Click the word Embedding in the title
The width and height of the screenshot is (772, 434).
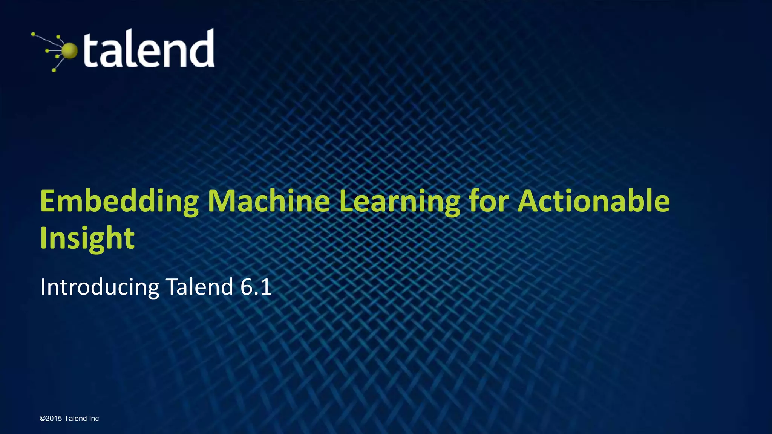[x=119, y=202]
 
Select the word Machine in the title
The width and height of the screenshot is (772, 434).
[x=269, y=201]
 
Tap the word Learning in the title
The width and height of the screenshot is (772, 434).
[x=400, y=202]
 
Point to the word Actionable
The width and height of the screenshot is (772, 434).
[x=593, y=201]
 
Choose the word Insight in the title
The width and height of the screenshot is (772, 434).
[x=87, y=238]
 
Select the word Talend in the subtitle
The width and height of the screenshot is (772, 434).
[x=199, y=287]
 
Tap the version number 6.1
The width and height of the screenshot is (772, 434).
[x=256, y=287]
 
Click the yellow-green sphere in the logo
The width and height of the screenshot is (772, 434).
[x=69, y=51]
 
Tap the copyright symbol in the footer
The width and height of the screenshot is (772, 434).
[x=42, y=419]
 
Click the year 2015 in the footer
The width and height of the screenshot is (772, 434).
[x=54, y=419]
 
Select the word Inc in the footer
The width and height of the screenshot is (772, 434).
[x=94, y=419]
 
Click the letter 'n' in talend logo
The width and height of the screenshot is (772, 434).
[x=174, y=53]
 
